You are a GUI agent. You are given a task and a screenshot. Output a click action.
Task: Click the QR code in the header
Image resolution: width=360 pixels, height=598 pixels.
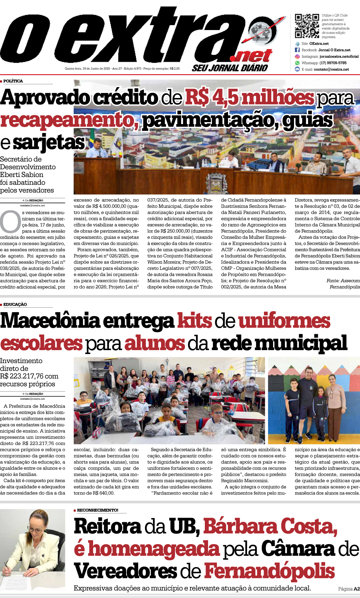307,26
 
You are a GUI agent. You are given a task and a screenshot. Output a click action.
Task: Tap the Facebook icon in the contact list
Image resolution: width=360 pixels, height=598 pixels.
297,50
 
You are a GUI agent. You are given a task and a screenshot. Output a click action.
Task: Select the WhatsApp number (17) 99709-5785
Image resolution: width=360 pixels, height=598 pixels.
333,63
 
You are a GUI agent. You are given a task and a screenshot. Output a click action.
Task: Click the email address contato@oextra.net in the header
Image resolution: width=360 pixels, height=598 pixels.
331,69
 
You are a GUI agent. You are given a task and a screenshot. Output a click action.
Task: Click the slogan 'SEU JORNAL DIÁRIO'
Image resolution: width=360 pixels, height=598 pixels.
230,68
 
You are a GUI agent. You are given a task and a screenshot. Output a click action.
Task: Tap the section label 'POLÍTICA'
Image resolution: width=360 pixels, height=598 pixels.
13,81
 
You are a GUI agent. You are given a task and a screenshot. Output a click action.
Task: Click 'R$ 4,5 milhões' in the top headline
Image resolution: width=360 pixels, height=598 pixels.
250,98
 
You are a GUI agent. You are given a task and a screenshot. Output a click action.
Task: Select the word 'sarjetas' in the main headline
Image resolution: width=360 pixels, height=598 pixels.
49,143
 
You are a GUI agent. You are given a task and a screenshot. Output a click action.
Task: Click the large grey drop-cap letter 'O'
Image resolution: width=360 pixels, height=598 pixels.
10,222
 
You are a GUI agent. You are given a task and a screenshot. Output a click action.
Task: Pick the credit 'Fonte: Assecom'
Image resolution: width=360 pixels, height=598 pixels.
343,281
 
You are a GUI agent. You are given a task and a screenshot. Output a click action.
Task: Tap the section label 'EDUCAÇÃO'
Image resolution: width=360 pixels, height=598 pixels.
15,304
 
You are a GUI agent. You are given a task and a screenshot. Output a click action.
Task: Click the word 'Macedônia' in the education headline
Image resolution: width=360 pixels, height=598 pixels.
50,321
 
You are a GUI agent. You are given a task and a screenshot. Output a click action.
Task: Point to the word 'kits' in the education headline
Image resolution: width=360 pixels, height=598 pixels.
194,321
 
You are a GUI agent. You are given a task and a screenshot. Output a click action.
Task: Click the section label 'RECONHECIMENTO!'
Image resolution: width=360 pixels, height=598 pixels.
97,510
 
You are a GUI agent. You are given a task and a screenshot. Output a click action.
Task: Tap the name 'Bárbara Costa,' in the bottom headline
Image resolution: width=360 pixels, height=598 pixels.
270,526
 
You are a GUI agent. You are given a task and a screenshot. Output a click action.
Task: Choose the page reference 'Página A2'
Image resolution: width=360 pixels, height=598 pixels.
349,589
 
